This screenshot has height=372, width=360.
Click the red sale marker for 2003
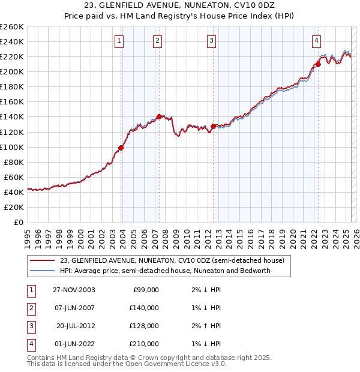[121, 148]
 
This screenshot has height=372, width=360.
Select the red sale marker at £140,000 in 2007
[159, 116]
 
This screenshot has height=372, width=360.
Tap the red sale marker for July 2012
[213, 126]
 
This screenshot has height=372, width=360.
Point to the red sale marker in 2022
[318, 64]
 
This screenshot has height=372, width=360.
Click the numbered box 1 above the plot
[119, 41]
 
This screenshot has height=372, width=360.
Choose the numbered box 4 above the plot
[316, 41]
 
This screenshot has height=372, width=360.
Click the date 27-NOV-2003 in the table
[74, 290]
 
